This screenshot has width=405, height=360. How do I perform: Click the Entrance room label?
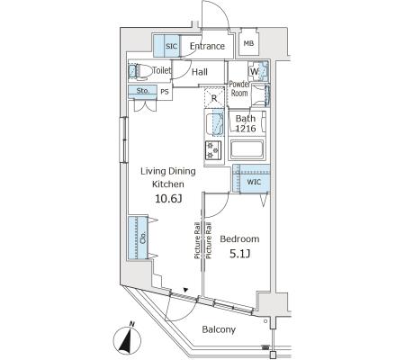[207, 46]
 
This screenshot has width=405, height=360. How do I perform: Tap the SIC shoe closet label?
[172, 46]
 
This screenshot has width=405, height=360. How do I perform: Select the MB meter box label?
[248, 43]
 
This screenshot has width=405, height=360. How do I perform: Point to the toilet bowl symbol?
[139, 72]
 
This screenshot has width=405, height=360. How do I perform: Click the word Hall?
[200, 72]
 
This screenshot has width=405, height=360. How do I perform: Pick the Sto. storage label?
[143, 90]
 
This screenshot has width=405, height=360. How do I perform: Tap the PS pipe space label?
[165, 92]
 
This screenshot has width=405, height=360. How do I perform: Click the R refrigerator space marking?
[214, 97]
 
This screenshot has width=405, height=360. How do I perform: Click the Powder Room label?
[239, 89]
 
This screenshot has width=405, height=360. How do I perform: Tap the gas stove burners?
[213, 150]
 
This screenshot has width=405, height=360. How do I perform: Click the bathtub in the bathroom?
[247, 149]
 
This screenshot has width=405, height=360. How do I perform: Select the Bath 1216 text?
[246, 123]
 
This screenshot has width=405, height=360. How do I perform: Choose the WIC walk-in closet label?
[254, 182]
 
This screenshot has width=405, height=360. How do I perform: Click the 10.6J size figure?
[168, 198]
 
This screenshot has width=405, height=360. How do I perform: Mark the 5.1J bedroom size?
[240, 254]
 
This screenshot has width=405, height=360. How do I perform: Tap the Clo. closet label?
[143, 238]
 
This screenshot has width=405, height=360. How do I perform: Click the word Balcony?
[219, 329]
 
